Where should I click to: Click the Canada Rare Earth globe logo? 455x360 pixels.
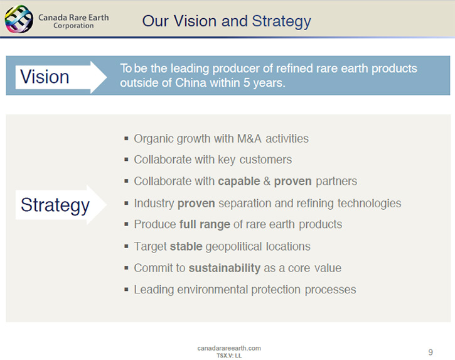pos(19,19)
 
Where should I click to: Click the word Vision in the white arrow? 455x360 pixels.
pos(45,77)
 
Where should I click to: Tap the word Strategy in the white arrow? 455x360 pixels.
pos(55,205)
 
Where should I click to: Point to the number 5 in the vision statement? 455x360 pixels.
pos(247,83)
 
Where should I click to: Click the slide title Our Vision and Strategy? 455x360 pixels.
pos(227,21)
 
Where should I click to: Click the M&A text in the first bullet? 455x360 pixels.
pos(249,139)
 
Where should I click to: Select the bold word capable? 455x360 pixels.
pos(239,182)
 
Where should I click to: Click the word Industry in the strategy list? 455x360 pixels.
pos(154,204)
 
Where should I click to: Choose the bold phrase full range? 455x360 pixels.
pos(205,224)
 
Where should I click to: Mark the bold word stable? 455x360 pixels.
pos(186,246)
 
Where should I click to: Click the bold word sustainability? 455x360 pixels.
pos(224,268)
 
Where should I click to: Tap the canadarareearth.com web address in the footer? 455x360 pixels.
pos(229,348)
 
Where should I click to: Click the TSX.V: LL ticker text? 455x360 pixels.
pos(229,356)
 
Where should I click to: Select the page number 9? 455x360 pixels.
pos(431,352)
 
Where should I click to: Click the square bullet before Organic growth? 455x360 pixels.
pos(126,138)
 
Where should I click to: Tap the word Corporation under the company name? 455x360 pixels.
pos(73,26)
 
